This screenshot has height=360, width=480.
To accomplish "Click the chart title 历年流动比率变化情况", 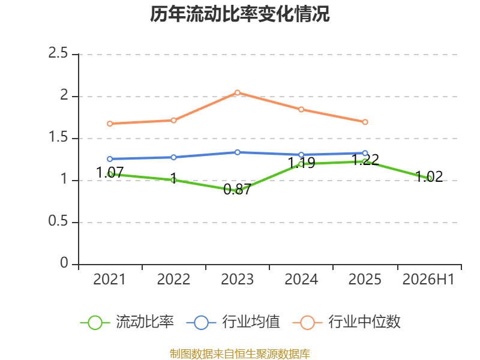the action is click(239, 14).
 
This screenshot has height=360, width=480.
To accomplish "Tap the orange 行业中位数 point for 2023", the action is click(238, 92).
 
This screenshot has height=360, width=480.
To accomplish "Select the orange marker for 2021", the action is click(110, 124).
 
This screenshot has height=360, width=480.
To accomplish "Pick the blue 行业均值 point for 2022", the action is click(173, 157).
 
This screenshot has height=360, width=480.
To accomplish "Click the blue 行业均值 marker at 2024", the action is click(301, 155).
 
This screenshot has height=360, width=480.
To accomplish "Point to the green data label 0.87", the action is click(237, 190).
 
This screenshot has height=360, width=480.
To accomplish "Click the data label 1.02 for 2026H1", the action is click(429, 176).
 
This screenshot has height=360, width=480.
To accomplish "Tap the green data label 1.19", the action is click(302, 163).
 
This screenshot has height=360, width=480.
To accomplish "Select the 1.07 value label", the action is click(110, 173).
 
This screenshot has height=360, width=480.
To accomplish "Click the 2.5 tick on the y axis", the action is click(58, 53).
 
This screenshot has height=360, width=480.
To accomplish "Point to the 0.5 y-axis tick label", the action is click(58, 221).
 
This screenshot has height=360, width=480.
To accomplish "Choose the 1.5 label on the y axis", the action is click(58, 137).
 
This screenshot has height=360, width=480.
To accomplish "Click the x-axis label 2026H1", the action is click(428, 280).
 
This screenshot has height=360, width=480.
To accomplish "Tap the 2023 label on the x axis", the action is click(237, 280).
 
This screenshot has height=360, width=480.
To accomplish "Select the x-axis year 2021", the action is click(110, 280).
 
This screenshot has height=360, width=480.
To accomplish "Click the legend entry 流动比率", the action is click(127, 322).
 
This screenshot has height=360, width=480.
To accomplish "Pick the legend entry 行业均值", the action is click(233, 322).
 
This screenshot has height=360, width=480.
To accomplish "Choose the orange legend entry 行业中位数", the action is click(347, 322).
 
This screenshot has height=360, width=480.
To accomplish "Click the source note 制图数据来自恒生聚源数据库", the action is click(240, 353).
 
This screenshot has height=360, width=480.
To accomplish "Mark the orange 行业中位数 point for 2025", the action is click(365, 122).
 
